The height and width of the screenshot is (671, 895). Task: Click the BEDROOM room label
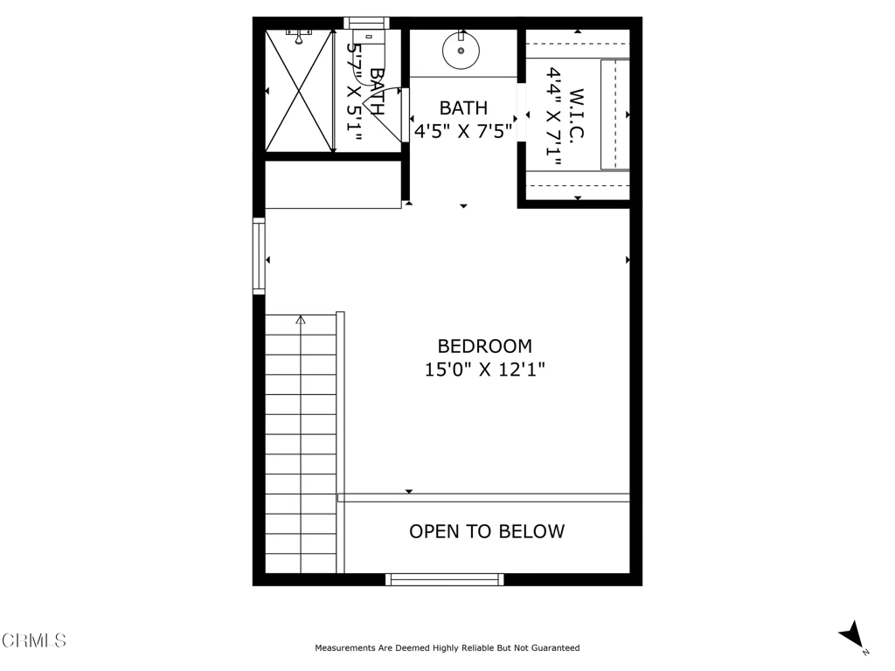coord(484,346)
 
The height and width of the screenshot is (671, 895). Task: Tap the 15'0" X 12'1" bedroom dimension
coord(484,370)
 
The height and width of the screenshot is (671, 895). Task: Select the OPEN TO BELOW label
coord(487,531)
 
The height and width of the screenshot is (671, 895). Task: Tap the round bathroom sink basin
coord(461,51)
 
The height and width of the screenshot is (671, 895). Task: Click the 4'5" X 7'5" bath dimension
coord(463,131)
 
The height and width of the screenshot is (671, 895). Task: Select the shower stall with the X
coord(299,91)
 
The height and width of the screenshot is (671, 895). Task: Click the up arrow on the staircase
coord(301,321)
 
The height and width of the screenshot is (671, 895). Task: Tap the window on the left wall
coord(259,256)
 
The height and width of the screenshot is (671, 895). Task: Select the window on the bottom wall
coord(445,578)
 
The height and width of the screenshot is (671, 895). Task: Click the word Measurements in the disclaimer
coord(342,648)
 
